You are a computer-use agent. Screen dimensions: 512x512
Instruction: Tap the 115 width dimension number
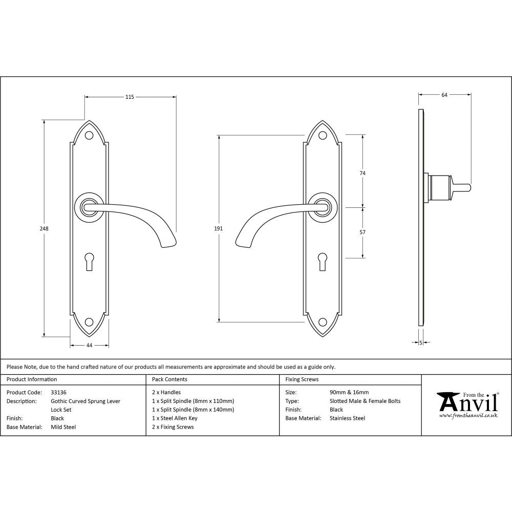click(x=130, y=97)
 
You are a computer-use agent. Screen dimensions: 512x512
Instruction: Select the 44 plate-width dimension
click(x=89, y=346)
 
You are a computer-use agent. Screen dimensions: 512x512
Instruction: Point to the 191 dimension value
click(x=219, y=229)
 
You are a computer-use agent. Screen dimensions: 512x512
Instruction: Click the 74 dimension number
click(x=362, y=173)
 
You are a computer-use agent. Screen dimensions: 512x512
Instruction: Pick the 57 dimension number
click(x=362, y=232)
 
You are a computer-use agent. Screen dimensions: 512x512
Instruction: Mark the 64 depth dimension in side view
click(x=444, y=95)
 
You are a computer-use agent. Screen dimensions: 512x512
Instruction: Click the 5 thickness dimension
click(x=420, y=343)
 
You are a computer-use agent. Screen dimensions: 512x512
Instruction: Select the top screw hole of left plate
click(x=89, y=136)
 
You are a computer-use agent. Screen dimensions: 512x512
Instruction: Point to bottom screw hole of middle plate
click(x=323, y=322)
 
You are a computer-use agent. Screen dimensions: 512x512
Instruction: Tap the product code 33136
click(x=59, y=392)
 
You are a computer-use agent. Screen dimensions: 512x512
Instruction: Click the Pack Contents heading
click(x=169, y=379)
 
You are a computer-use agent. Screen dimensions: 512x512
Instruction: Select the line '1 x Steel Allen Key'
click(x=175, y=418)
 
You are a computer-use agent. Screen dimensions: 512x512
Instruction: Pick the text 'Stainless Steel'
click(x=348, y=418)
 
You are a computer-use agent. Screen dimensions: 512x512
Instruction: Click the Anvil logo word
click(x=467, y=403)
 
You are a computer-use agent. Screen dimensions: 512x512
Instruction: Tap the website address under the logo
click(x=468, y=416)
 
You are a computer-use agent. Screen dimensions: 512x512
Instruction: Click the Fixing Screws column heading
click(x=302, y=379)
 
